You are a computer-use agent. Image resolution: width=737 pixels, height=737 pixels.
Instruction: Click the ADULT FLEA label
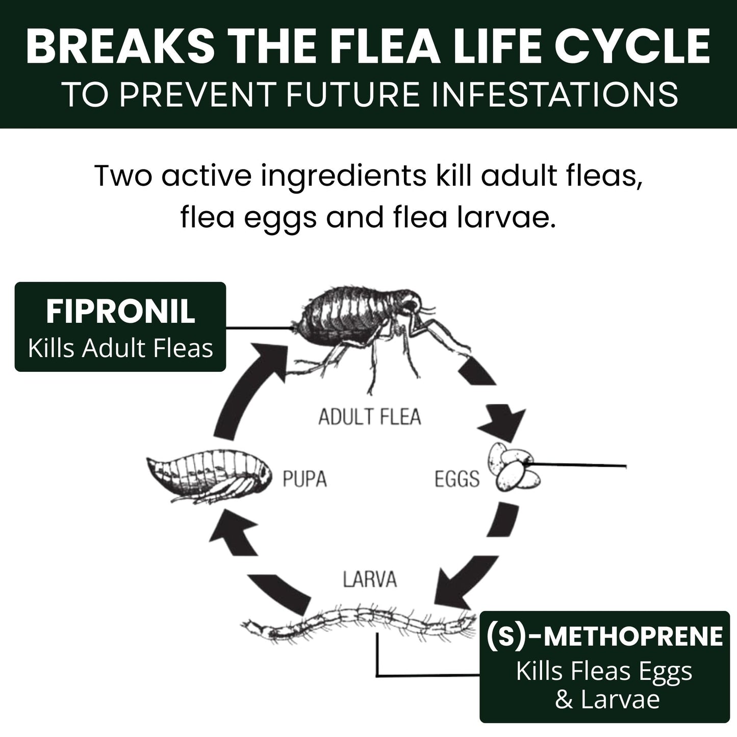[370, 417]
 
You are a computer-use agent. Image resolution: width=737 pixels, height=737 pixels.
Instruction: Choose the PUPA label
[304, 479]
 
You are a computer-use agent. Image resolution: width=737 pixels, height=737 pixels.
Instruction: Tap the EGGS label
[457, 479]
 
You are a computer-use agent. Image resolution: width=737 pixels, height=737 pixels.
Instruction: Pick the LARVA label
[370, 580]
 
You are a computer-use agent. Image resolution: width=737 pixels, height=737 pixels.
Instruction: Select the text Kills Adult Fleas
[120, 349]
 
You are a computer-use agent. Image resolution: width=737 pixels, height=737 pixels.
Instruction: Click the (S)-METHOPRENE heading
[604, 636]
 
